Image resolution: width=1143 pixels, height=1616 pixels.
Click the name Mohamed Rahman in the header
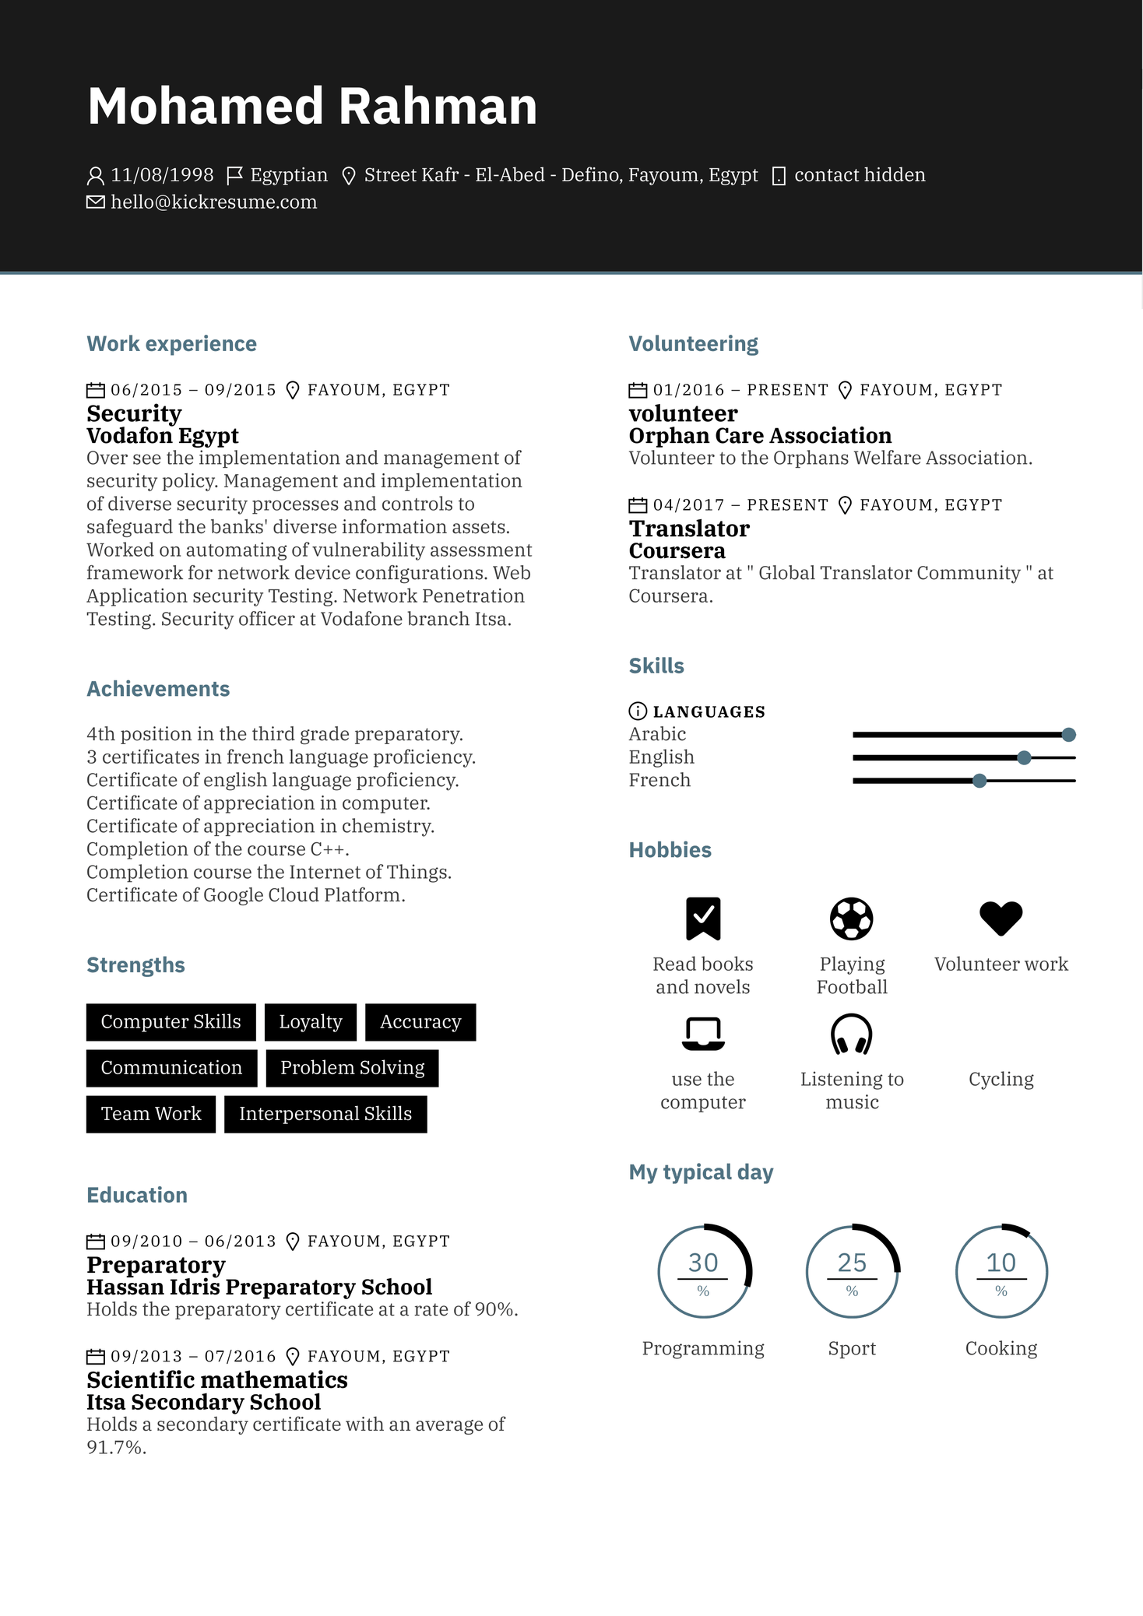312,106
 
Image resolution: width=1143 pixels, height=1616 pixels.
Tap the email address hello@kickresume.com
213,202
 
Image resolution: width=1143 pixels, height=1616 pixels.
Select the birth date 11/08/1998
162,175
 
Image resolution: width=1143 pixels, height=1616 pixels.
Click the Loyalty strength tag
310,1022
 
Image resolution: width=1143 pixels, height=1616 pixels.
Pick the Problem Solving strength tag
352,1068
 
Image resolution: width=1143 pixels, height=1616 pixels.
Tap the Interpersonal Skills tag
325,1114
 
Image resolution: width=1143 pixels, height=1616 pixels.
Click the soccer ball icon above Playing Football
851,919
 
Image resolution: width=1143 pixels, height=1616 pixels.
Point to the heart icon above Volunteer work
1001,919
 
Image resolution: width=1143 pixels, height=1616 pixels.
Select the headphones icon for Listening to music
851,1034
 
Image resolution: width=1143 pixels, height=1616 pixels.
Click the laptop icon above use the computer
703,1034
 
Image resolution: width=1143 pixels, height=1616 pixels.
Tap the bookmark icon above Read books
703,919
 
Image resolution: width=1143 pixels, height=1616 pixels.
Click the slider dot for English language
1024,757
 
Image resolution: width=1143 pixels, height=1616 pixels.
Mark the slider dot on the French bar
979,781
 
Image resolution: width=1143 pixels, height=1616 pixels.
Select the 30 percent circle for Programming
703,1271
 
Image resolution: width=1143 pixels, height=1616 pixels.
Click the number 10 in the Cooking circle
1001,1263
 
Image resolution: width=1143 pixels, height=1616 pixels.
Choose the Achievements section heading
158,689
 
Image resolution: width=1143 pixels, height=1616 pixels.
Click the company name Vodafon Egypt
162,436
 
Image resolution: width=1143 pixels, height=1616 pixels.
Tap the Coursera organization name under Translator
677,551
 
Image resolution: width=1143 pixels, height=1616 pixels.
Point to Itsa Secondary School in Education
203,1402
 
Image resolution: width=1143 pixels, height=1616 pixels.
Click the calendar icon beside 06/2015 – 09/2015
95,390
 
